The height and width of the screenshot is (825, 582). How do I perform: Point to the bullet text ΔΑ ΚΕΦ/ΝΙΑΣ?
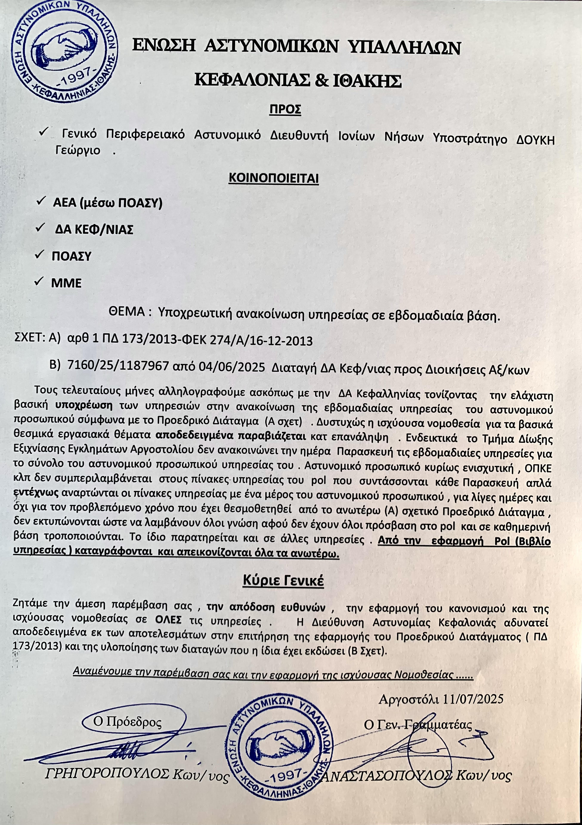[94, 229]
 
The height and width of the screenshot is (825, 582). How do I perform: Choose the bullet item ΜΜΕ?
[67, 283]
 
